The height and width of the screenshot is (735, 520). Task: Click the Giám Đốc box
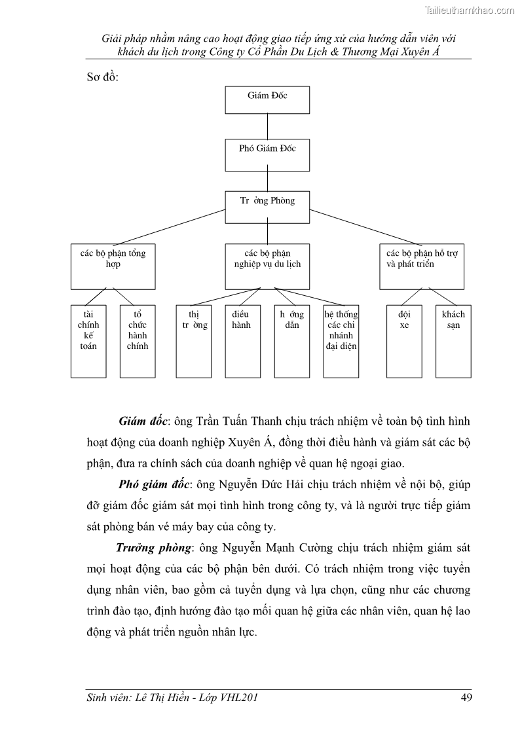click(267, 99)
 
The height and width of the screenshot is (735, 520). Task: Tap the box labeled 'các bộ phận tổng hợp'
click(113, 266)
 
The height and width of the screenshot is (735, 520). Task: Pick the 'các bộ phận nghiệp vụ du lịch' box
click(267, 266)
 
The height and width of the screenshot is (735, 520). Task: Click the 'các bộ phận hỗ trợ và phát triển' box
click(422, 266)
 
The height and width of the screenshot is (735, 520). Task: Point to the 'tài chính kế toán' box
click(88, 341)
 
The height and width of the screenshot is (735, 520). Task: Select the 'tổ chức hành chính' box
click(138, 341)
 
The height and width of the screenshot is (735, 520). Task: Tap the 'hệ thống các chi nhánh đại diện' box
click(341, 341)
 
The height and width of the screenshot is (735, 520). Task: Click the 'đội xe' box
click(404, 341)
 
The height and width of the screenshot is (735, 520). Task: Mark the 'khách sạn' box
click(454, 341)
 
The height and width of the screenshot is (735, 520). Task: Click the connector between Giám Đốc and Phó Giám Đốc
click(267, 126)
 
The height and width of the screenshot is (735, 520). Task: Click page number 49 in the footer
click(466, 698)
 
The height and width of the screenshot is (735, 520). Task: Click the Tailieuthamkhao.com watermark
click(470, 10)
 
